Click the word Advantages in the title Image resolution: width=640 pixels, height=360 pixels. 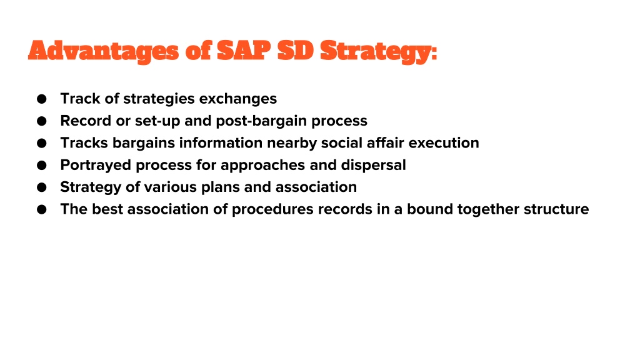click(x=104, y=51)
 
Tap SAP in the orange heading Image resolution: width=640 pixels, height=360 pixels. click(x=243, y=51)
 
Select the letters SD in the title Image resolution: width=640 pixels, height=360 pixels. click(x=296, y=51)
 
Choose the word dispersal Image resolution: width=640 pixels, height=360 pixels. click(x=374, y=165)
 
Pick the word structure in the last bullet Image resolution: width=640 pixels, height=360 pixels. click(x=556, y=209)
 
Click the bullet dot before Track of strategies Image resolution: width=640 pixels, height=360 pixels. click(x=42, y=99)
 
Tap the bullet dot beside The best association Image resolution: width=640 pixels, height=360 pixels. click(x=42, y=209)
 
